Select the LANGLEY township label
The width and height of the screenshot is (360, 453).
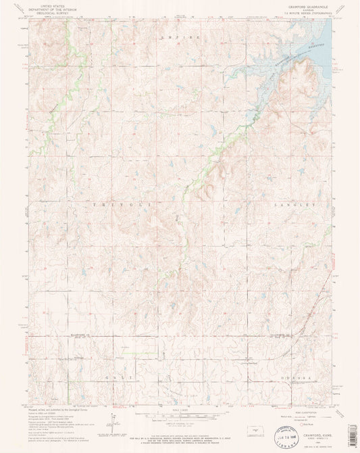coord(294,204)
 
